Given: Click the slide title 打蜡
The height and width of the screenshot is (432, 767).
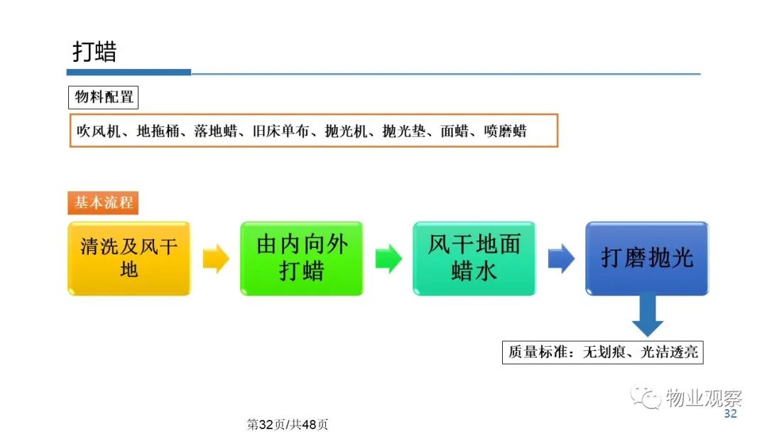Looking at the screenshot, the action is click(x=95, y=52).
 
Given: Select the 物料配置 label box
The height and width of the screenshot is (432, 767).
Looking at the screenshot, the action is click(x=103, y=97).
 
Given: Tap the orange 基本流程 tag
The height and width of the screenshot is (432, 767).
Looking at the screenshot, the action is click(x=103, y=202).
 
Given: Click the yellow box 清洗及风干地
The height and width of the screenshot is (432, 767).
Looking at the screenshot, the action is click(x=129, y=259).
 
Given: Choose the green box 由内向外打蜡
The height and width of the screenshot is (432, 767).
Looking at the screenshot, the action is click(x=302, y=259).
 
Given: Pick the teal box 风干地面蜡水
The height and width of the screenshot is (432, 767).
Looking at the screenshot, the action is click(x=474, y=259).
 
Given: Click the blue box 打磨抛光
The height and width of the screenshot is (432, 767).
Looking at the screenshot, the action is click(x=647, y=259).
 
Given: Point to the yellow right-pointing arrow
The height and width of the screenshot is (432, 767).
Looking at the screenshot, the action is click(x=216, y=259).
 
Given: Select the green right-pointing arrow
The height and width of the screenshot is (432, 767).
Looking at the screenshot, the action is click(x=388, y=259).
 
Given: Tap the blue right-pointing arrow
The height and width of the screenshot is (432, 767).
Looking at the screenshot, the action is click(x=561, y=259).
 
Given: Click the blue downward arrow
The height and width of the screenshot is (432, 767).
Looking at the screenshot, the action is click(x=647, y=314).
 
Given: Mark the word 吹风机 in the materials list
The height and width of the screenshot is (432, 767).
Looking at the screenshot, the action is click(x=98, y=131).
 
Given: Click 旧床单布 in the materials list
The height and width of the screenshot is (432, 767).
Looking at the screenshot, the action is click(x=281, y=131).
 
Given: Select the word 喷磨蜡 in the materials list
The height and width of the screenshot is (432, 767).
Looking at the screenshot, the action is click(x=506, y=131).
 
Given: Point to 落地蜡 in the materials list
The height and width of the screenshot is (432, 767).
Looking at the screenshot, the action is click(x=216, y=131).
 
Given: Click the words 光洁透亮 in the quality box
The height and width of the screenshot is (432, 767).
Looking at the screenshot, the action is click(x=669, y=352).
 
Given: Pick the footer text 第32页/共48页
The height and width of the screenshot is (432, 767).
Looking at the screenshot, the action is click(x=287, y=424).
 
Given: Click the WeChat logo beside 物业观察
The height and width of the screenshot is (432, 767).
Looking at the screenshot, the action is click(x=646, y=397).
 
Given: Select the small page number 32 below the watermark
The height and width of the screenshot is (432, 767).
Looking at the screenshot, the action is click(x=730, y=414).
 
